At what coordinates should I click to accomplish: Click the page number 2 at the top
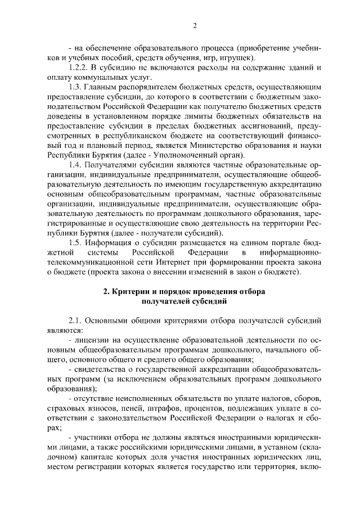pyautogui.click(x=194, y=25)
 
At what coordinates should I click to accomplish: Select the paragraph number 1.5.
pyautogui.click(x=75, y=242)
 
